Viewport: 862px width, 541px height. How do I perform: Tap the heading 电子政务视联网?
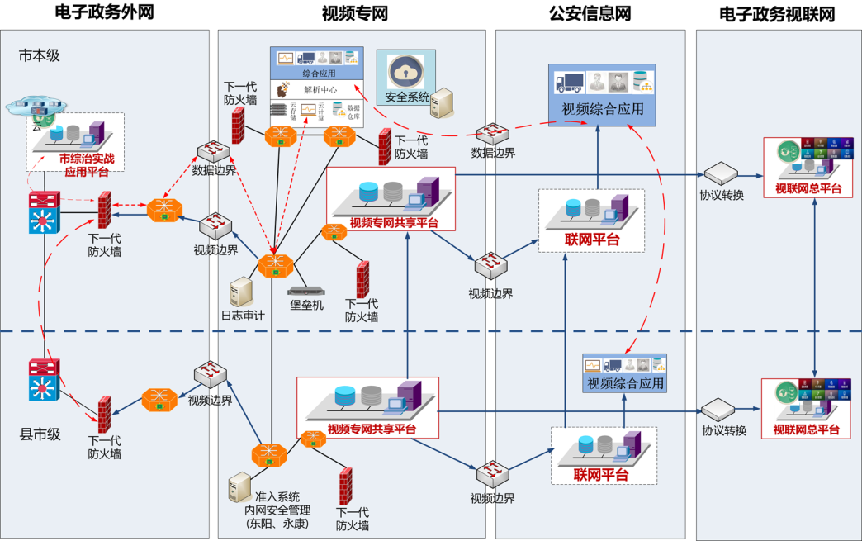pos(776,14)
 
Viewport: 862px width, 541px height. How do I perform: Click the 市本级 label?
pos(40,55)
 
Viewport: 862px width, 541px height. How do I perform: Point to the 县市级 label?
pos(40,434)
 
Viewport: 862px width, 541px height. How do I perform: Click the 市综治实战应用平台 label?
pos(87,164)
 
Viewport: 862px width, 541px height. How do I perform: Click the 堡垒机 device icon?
pos(305,290)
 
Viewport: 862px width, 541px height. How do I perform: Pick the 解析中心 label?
pos(319,90)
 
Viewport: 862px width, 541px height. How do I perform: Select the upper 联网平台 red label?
pos(591,240)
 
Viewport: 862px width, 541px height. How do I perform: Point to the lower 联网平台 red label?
pos(601,475)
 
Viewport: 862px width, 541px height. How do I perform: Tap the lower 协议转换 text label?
pos(724,430)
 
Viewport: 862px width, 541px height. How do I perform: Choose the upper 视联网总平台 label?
pos(808,188)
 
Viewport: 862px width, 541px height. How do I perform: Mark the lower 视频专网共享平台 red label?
pos(372,429)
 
